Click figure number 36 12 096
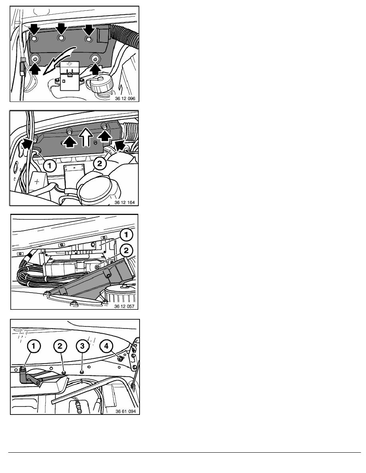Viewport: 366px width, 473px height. [125, 98]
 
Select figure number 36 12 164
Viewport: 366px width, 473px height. [124, 202]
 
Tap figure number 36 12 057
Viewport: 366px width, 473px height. [124, 306]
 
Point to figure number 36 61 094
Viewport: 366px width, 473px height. [126, 411]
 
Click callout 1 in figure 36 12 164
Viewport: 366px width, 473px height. [49, 165]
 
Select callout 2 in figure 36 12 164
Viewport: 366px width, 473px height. [100, 164]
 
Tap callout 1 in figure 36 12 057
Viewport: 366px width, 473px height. [126, 235]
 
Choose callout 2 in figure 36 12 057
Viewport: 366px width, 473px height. [126, 250]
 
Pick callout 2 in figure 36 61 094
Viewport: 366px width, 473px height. [60, 346]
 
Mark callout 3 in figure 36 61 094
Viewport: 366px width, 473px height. [83, 346]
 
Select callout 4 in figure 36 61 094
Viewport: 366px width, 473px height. [106, 346]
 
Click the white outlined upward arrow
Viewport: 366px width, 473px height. [86, 137]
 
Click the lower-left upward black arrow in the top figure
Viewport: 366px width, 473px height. [35, 68]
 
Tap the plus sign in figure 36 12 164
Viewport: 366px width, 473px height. [37, 182]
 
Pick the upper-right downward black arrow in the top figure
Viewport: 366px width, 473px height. [89, 29]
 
